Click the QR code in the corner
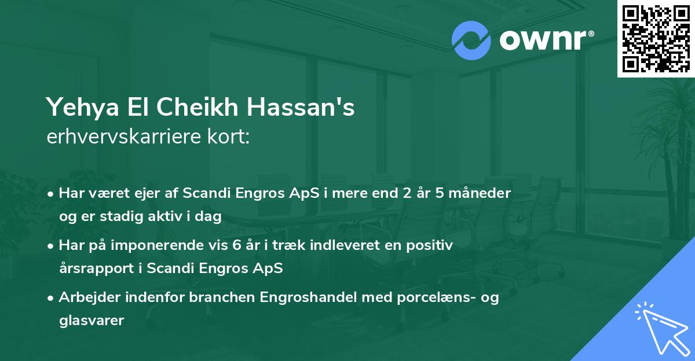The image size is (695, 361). pyautogui.click(x=656, y=39)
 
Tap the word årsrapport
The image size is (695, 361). pyautogui.click(x=93, y=268)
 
